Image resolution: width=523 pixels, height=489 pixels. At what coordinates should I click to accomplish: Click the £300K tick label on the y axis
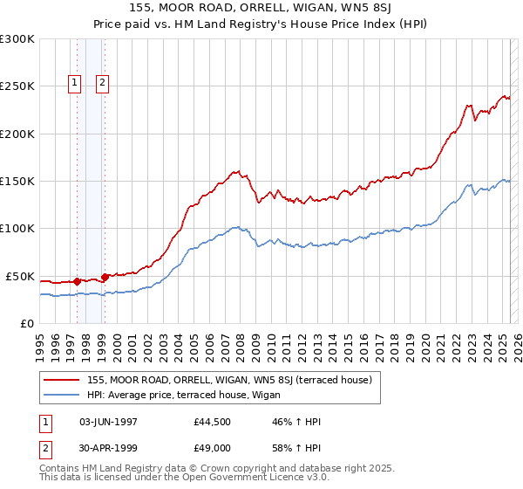point(17,39)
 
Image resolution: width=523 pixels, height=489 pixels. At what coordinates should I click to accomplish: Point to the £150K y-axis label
point(17,181)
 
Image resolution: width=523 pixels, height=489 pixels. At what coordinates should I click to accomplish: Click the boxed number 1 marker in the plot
point(76,83)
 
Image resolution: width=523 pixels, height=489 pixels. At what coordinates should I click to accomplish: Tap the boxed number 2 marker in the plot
point(103,83)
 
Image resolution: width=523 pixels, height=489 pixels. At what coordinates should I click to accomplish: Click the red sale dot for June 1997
point(77,281)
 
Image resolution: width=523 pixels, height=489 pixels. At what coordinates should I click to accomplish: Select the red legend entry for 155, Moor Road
point(229,380)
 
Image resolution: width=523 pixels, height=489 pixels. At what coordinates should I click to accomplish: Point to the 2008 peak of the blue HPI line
point(236,227)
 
